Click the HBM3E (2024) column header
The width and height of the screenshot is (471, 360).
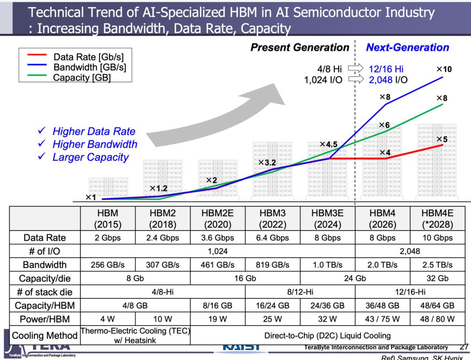328,219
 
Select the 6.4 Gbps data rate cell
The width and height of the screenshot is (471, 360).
273,238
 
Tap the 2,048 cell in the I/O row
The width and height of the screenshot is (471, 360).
410,251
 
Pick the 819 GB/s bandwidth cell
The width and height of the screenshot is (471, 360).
273,265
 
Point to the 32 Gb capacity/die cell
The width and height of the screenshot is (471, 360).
437,278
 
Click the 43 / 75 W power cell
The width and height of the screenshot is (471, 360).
382,319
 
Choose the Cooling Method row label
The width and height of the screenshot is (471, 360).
44,336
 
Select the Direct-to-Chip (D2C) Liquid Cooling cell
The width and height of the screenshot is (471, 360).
328,336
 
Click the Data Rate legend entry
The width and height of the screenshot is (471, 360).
88,57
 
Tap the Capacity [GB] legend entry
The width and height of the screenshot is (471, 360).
82,78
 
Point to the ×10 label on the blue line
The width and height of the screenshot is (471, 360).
444,69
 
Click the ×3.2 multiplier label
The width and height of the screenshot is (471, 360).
267,163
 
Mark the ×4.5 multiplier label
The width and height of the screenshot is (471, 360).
328,144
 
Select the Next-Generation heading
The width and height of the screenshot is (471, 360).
407,48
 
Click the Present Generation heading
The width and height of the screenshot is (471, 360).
300,48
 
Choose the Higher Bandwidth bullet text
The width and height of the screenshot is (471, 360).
95,144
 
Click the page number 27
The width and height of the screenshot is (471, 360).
464,347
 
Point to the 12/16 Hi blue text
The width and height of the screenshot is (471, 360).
386,68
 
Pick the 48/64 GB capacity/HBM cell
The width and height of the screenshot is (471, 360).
437,305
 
